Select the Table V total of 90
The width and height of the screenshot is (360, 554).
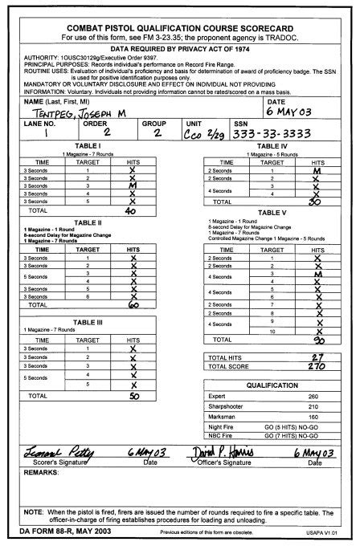(317, 340)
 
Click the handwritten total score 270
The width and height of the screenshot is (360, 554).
(316, 366)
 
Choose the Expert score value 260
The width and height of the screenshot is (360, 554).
(313, 397)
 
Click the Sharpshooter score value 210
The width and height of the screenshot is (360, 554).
(313, 407)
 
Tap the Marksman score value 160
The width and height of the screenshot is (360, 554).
(313, 418)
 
